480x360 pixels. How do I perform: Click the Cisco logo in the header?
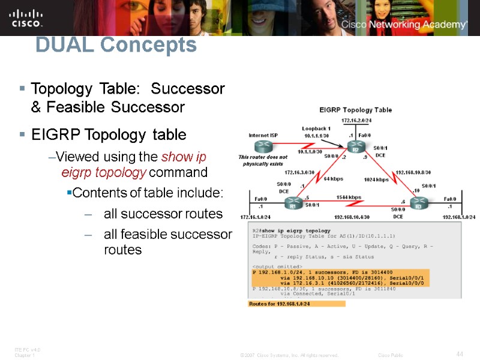click(x=26, y=17)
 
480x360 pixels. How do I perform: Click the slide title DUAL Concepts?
click(x=116, y=45)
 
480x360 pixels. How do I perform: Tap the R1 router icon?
click(x=293, y=205)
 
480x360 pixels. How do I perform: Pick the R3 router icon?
click(x=418, y=205)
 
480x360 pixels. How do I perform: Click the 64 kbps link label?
click(x=333, y=179)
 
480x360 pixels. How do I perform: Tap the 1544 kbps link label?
click(x=349, y=197)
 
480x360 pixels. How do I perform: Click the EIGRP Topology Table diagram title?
click(x=355, y=110)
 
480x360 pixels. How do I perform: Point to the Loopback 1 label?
click(x=316, y=128)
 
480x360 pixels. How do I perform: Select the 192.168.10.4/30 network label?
click(x=352, y=217)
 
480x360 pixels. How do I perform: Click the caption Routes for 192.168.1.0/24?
click(x=296, y=304)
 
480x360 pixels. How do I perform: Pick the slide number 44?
click(x=460, y=354)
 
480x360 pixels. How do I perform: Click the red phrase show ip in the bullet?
click(x=184, y=157)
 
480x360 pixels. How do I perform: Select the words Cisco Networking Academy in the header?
click(x=404, y=25)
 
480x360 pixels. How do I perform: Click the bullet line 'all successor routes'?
click(x=163, y=214)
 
